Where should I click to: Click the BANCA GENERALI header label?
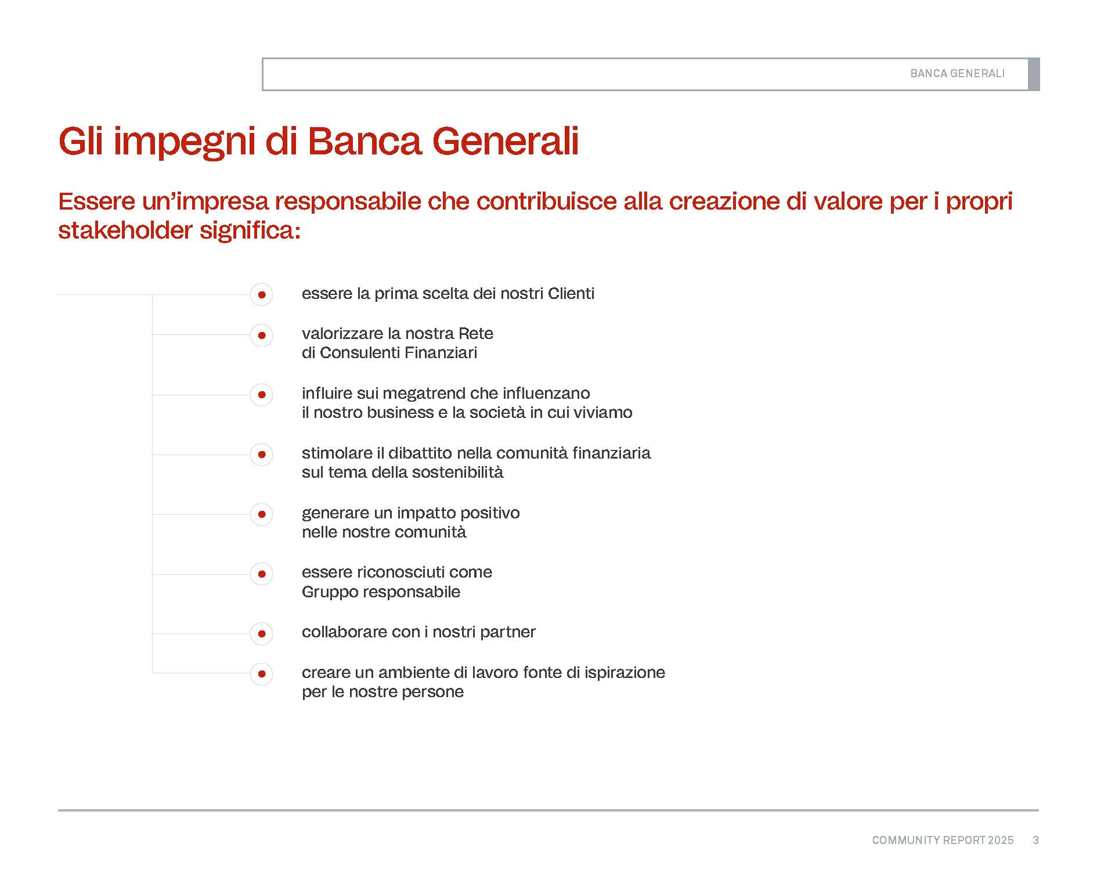point(957,74)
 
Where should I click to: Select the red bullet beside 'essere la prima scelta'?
point(262,295)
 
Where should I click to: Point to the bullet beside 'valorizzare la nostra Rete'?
point(262,335)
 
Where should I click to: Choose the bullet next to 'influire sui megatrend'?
point(262,395)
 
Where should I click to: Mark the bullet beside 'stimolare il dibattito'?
point(262,455)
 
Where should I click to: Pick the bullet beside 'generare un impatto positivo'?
point(262,514)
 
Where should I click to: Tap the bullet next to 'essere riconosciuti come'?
point(262,574)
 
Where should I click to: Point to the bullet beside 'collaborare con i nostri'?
point(262,634)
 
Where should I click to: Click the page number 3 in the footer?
point(1036,840)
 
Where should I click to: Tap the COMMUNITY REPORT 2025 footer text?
point(943,840)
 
